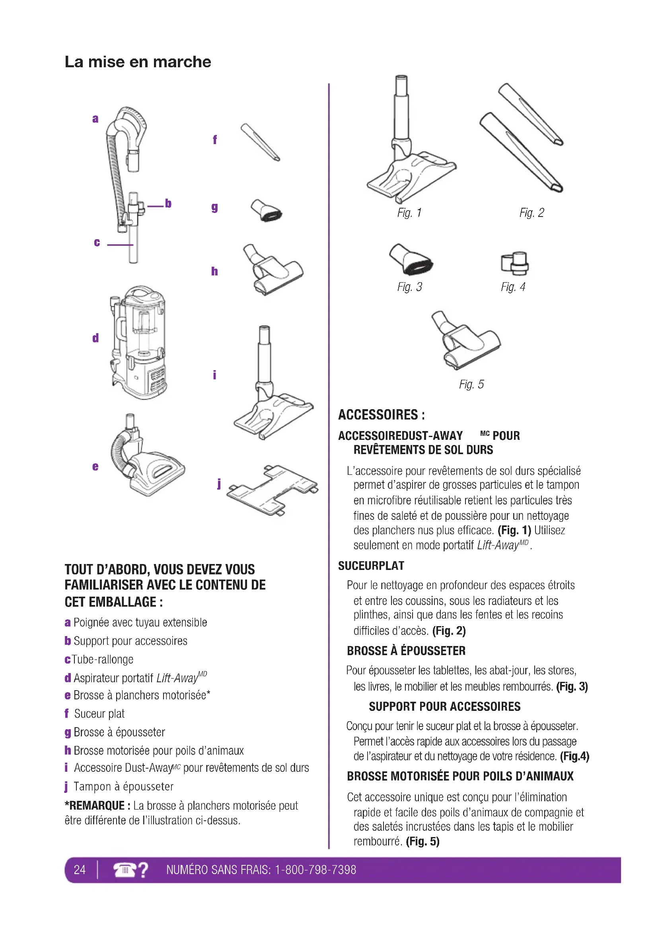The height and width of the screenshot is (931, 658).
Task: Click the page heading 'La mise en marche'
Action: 138,62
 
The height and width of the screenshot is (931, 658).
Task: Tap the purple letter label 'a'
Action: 95,119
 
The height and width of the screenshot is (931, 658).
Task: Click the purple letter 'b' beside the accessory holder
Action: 168,203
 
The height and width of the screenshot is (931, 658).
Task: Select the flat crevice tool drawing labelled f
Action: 260,142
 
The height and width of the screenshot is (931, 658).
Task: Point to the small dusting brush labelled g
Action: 266,210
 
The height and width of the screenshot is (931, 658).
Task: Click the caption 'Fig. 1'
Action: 409,213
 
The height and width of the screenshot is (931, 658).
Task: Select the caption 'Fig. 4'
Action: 513,287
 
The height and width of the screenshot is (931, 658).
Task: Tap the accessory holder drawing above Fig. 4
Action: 514,263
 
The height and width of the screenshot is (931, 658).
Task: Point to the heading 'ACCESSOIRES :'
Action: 381,415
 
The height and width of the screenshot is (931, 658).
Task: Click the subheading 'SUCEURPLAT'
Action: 371,566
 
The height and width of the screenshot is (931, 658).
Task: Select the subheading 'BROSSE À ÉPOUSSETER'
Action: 406,651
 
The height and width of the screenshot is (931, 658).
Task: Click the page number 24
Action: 80,870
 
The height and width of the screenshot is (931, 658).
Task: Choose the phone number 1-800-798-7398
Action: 315,870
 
